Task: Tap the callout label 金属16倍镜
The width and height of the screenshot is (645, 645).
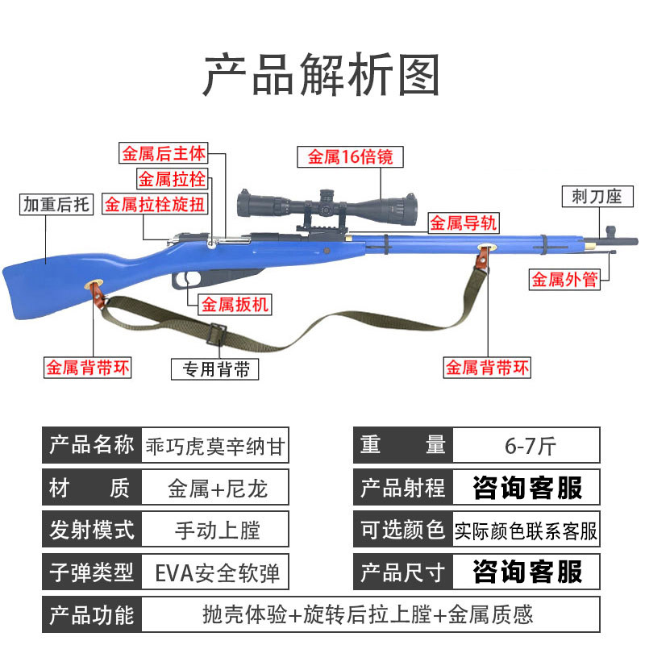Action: [x=350, y=157]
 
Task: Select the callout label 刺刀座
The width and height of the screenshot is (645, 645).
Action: [x=597, y=196]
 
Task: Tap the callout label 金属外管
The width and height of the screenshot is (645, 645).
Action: [x=564, y=280]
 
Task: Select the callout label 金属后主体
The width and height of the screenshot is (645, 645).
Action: [x=164, y=152]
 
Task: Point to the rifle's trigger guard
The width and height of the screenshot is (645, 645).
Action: [x=189, y=279]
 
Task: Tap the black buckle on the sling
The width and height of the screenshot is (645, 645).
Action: [x=217, y=331]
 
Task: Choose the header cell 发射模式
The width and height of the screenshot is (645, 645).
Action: [x=92, y=531]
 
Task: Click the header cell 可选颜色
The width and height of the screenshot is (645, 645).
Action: [x=402, y=531]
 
